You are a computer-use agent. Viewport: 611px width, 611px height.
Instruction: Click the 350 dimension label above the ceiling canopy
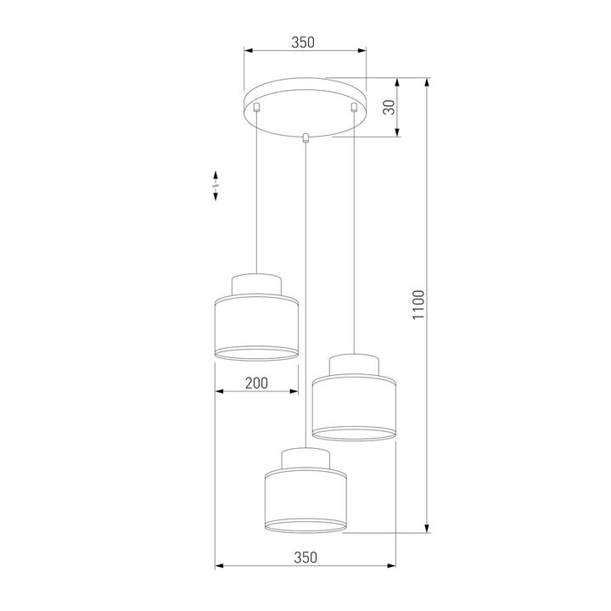[304, 42]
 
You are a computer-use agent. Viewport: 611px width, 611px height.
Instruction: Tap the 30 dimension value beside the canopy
[390, 107]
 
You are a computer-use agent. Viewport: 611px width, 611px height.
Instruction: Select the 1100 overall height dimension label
[417, 306]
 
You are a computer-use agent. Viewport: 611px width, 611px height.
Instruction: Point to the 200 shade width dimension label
[255, 384]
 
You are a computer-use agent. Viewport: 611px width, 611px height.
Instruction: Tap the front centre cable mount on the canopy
[305, 137]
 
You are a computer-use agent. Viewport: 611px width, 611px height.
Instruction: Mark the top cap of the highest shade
[256, 284]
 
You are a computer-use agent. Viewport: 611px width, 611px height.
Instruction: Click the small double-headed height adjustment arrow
[216, 184]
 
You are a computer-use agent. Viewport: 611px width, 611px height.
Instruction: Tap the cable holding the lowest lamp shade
[305, 297]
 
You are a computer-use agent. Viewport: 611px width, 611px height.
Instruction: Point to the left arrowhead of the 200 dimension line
[220, 391]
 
